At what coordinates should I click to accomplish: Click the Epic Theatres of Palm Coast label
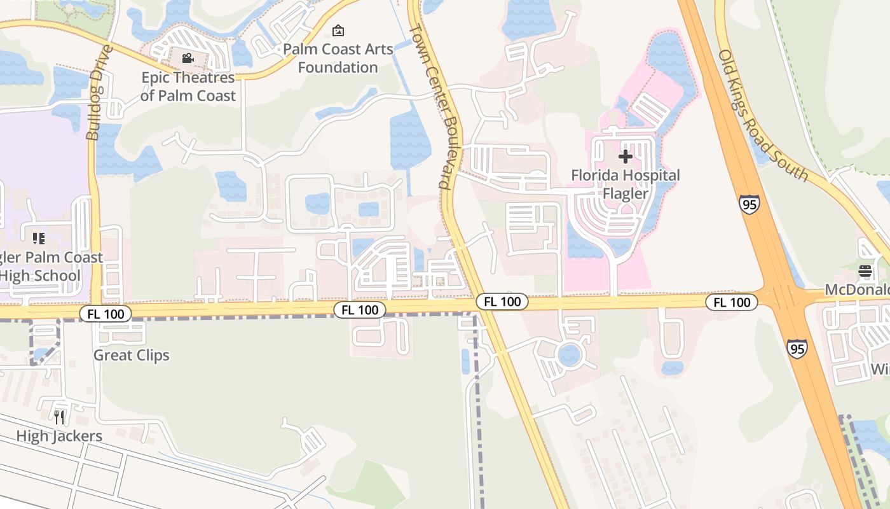(x=188, y=87)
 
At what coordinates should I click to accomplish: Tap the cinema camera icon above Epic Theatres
(x=188, y=59)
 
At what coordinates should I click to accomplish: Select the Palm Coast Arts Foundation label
(x=338, y=58)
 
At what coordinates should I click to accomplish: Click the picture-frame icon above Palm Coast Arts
(x=338, y=30)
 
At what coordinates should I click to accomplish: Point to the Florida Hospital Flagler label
(x=625, y=184)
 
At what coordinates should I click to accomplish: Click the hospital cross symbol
(x=625, y=157)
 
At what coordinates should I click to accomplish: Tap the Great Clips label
(x=132, y=355)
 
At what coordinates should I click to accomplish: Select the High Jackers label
(x=59, y=436)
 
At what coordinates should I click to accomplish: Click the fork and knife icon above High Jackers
(x=59, y=417)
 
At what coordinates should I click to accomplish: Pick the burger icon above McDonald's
(x=865, y=271)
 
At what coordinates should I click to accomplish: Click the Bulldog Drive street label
(x=101, y=92)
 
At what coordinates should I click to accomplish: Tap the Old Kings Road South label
(x=763, y=115)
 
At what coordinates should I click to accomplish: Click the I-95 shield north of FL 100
(x=750, y=204)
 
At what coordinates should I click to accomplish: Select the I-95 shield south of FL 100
(x=797, y=348)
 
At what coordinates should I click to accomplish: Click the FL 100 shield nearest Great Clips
(x=106, y=313)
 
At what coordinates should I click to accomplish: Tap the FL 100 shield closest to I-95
(x=732, y=302)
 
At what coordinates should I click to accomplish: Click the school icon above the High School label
(x=39, y=239)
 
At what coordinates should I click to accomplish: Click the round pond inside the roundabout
(x=569, y=355)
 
